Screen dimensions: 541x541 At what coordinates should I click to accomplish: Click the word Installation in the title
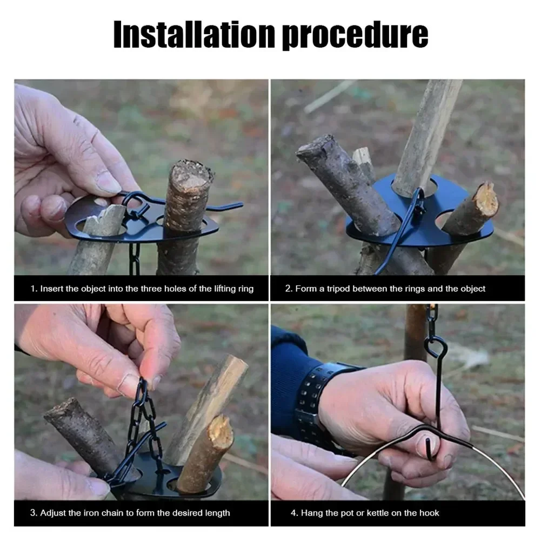[193, 35]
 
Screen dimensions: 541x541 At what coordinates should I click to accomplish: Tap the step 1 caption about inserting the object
[142, 289]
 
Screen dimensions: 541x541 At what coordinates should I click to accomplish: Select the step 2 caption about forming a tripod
[385, 289]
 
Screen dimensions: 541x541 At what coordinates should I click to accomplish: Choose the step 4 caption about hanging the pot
[370, 512]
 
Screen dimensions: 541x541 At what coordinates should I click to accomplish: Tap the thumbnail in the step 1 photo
[108, 183]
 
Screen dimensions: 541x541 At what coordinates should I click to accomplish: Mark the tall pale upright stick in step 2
[427, 135]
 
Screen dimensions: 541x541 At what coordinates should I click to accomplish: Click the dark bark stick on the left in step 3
[81, 432]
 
